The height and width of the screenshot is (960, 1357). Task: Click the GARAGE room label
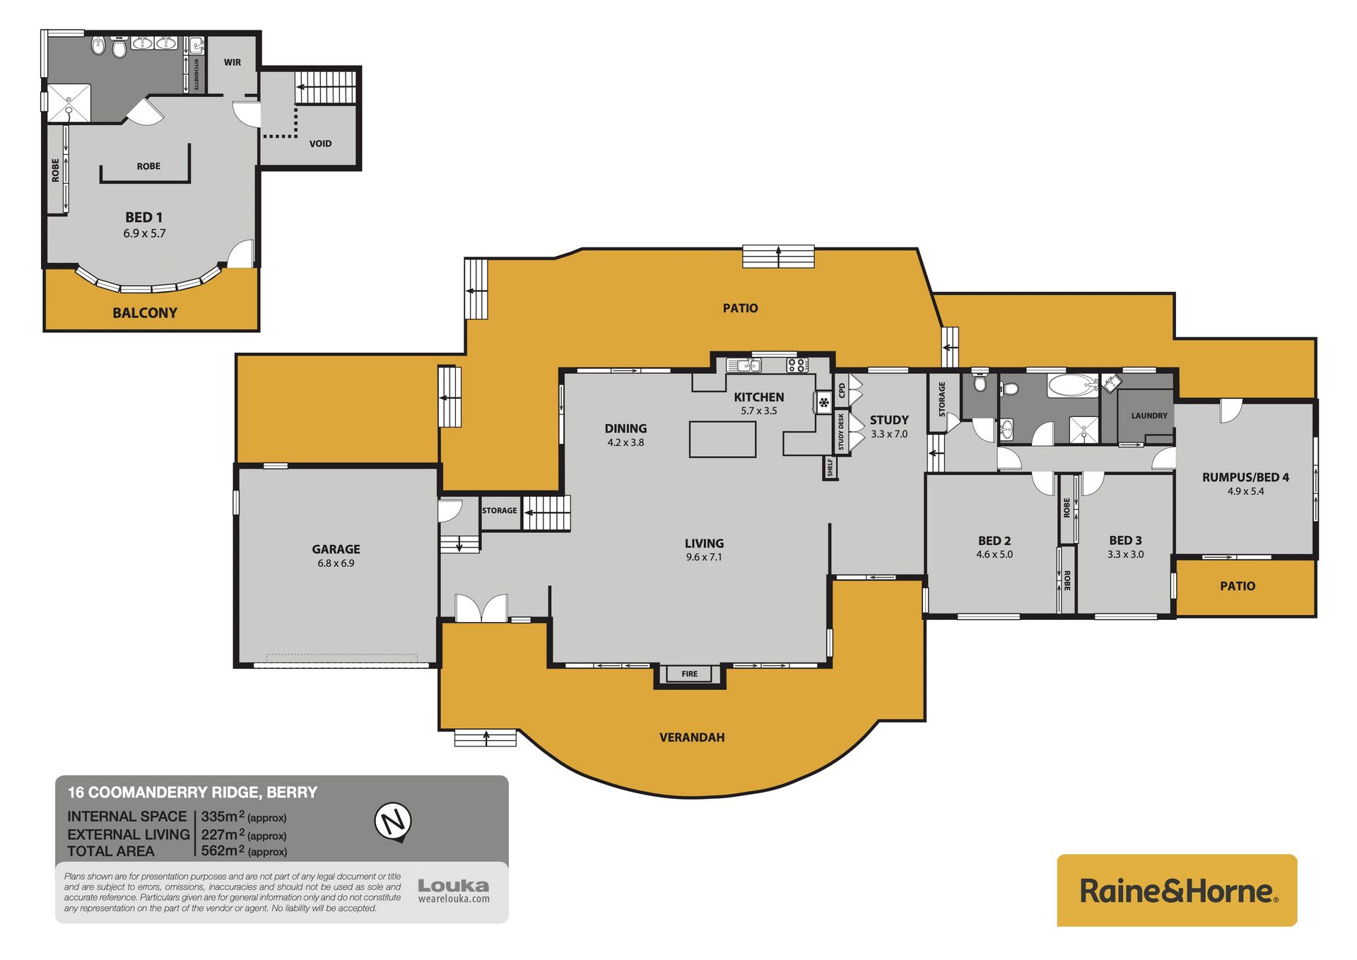(x=336, y=549)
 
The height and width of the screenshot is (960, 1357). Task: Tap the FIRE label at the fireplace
(x=690, y=674)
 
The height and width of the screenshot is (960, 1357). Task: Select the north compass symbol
(x=393, y=822)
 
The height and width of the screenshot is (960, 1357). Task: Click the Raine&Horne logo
(x=1177, y=890)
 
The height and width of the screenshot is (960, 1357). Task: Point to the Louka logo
(x=453, y=890)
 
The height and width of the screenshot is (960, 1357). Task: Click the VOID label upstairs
(x=320, y=144)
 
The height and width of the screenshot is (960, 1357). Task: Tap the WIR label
(x=233, y=62)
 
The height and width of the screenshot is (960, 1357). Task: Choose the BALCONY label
(x=145, y=312)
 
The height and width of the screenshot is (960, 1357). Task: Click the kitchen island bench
(x=723, y=439)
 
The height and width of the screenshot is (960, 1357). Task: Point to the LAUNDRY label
(x=1149, y=416)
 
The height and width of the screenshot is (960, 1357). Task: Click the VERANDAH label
(x=692, y=737)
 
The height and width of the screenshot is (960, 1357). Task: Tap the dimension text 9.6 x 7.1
(x=704, y=557)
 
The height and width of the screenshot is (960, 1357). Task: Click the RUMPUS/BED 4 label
(x=1245, y=477)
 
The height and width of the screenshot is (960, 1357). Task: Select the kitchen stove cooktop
(x=797, y=365)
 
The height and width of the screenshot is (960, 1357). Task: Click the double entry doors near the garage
(x=481, y=608)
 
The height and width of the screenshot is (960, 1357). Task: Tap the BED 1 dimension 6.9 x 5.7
(x=144, y=233)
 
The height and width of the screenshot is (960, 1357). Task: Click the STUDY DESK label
(x=841, y=432)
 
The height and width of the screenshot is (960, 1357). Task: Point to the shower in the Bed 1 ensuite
(x=69, y=103)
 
